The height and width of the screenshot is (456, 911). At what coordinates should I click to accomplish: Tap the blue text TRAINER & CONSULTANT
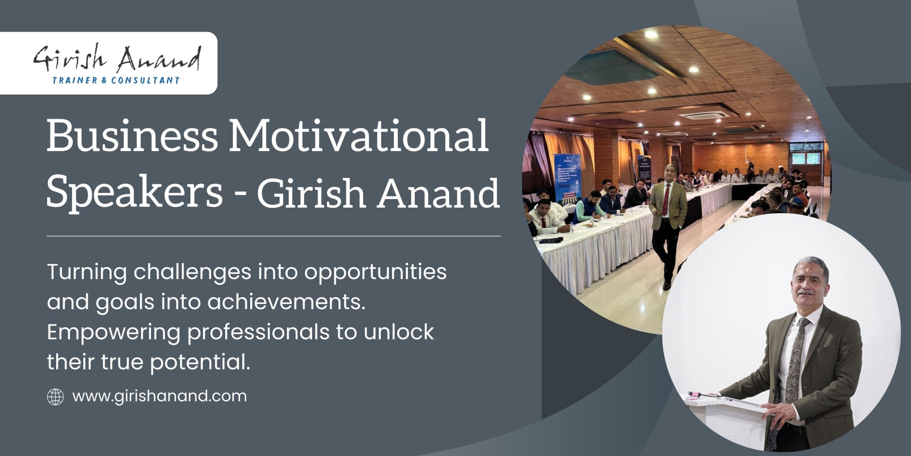click(116, 81)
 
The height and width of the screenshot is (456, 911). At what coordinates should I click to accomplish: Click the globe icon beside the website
click(56, 397)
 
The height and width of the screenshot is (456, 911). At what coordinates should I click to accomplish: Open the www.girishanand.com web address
click(159, 397)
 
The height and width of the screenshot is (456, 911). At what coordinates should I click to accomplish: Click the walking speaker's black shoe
click(667, 285)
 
